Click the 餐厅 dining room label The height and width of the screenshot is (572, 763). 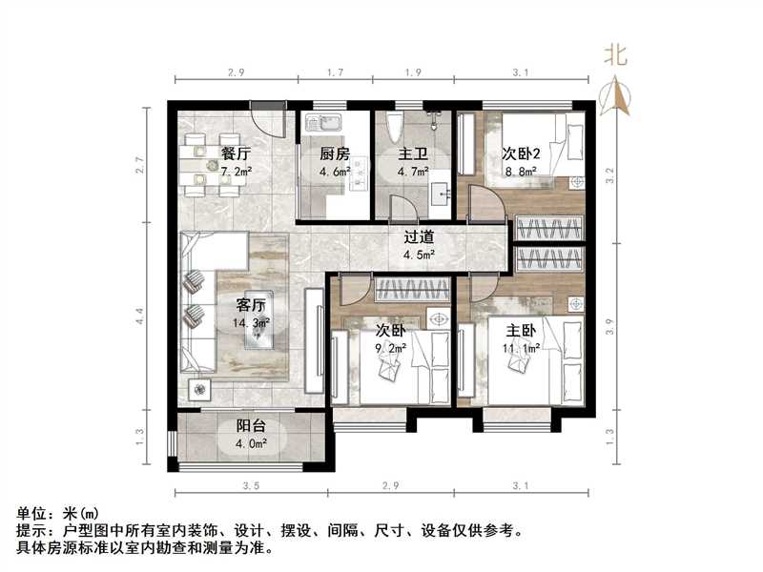coord(236,153)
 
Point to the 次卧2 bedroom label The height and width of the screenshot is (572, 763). coord(522,153)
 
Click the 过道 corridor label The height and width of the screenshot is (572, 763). coord(420,236)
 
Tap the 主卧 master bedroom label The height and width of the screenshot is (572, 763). coord(522,331)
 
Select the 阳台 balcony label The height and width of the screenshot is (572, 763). coord(250,426)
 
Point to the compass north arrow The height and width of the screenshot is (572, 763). coord(617,93)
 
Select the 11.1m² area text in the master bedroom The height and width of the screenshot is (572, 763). coord(522,349)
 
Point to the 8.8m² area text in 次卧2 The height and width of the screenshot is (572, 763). coord(522,173)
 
